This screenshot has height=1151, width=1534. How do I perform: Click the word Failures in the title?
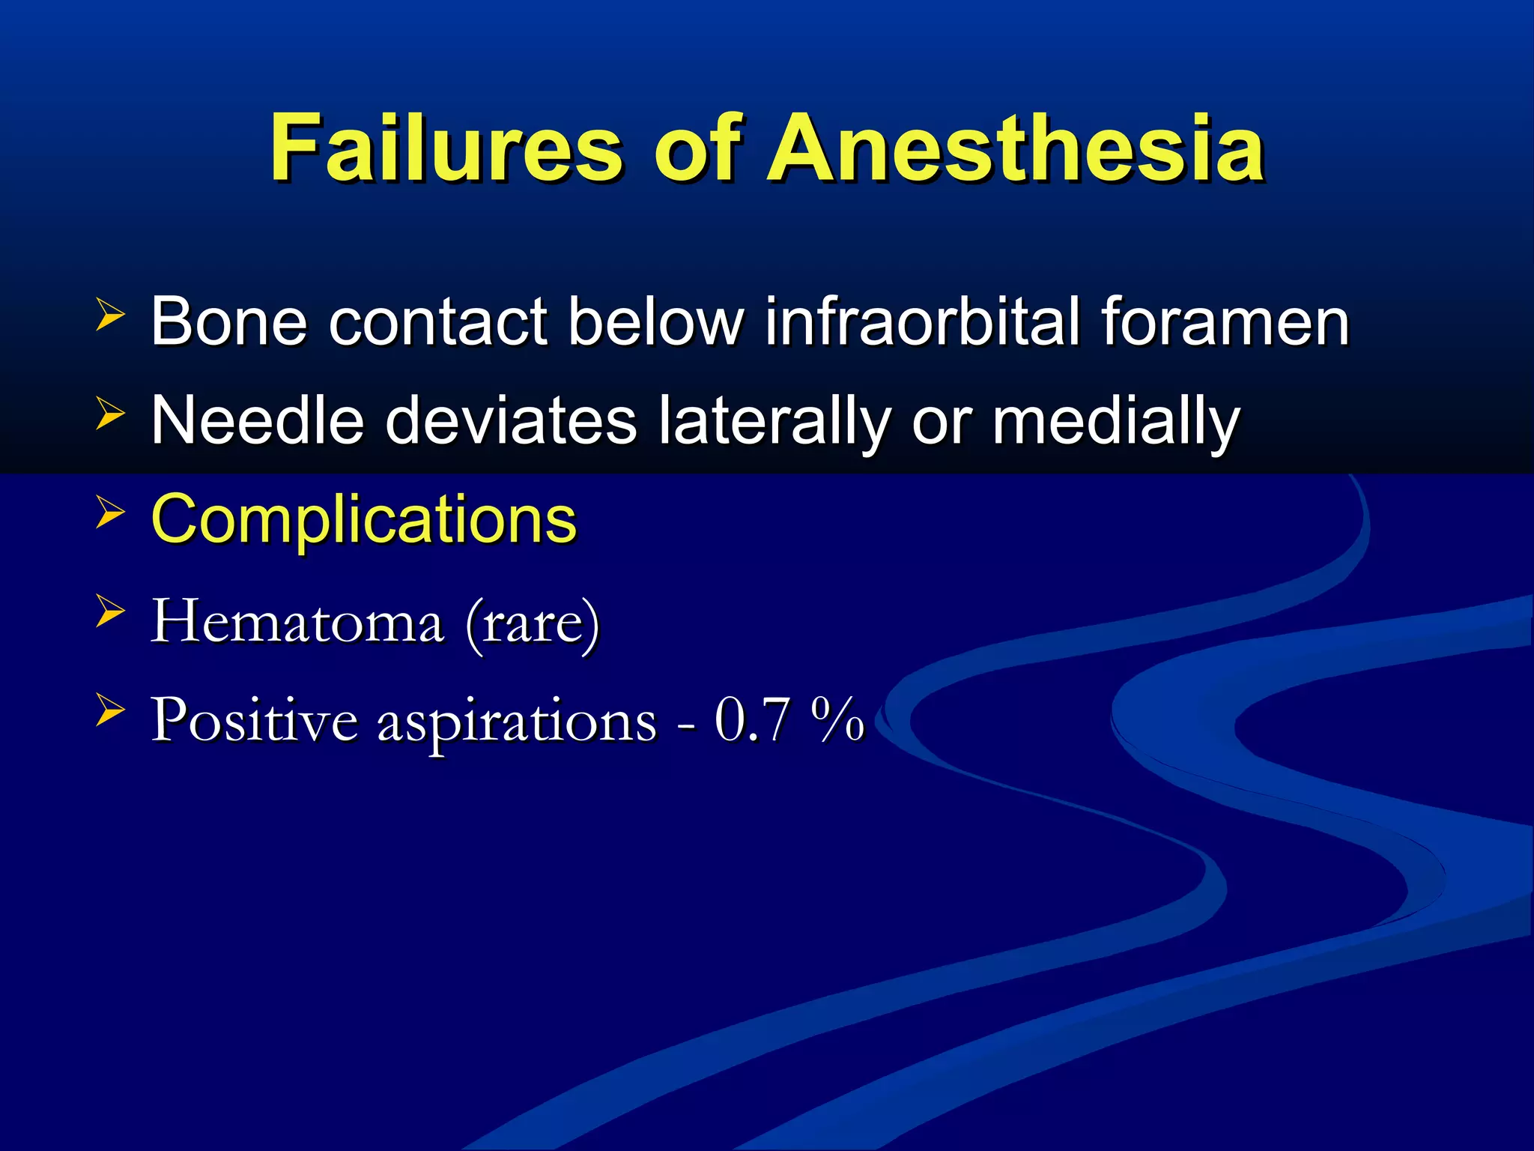pos(446,148)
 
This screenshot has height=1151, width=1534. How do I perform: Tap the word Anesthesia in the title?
pos(1016,148)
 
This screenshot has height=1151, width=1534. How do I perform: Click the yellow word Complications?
pos(364,520)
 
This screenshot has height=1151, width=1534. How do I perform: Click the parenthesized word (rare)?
pos(533,622)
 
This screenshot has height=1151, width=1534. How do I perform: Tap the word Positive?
pos(255,719)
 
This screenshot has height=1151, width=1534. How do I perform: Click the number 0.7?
pos(752,719)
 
